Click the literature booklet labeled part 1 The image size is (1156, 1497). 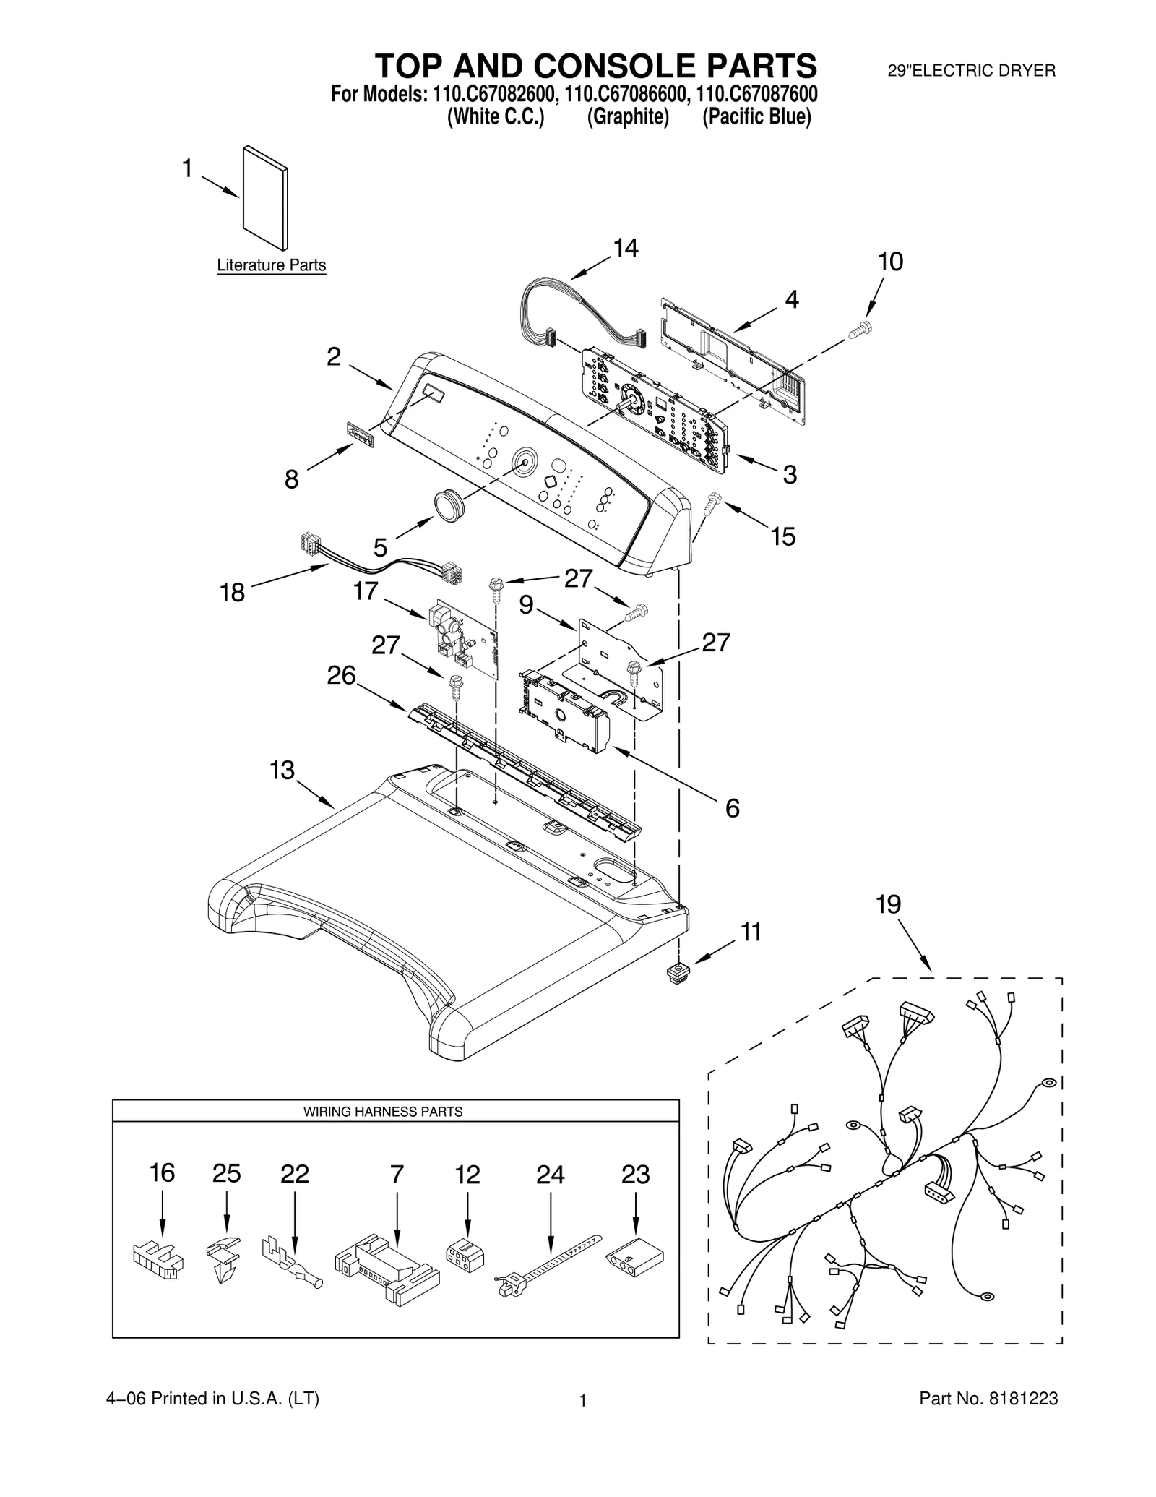tap(265, 197)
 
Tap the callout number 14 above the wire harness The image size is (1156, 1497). tap(625, 248)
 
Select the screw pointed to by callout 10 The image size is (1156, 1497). tap(859, 330)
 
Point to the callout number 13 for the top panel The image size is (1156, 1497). tap(282, 770)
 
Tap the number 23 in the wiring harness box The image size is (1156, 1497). tap(635, 1175)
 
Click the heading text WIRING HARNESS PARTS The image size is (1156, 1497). tap(382, 1112)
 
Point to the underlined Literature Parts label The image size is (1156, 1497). tap(271, 265)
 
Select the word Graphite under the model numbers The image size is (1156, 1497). tap(627, 117)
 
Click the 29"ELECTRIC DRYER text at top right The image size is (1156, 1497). tap(971, 71)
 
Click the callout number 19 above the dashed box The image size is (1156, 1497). tap(888, 904)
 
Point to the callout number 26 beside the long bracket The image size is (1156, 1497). tap(341, 675)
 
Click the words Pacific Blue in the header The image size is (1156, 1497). tap(757, 117)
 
